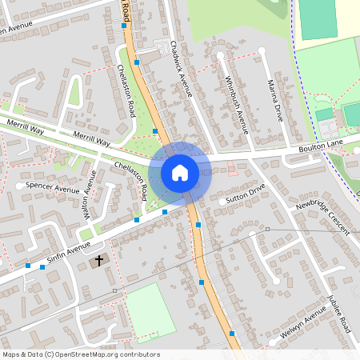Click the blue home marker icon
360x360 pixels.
coord(180,173)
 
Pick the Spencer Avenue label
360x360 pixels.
coord(53,188)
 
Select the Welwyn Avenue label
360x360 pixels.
coord(296,329)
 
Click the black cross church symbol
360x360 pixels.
coord(100,260)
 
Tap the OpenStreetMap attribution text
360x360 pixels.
coord(81,354)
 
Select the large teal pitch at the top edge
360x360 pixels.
coord(318,19)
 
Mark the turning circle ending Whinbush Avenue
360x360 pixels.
coord(220,56)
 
